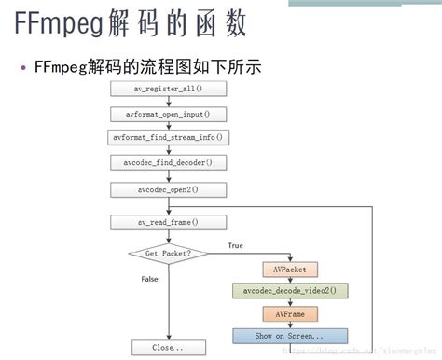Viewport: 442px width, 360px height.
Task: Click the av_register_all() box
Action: click(x=168, y=88)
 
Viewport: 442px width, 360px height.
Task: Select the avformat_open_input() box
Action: click(x=168, y=114)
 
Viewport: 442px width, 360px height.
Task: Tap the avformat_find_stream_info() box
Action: click(x=168, y=138)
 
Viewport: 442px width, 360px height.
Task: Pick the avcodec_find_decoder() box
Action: click(x=168, y=163)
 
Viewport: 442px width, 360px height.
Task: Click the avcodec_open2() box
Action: click(x=168, y=189)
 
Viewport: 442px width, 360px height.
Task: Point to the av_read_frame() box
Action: click(x=168, y=222)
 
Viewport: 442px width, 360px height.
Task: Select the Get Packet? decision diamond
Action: click(x=168, y=253)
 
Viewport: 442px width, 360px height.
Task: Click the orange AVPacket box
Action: click(x=290, y=270)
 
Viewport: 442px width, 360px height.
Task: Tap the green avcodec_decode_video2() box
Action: click(x=290, y=291)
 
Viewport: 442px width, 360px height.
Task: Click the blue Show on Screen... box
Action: click(x=290, y=335)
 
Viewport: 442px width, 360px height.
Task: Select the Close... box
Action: click(x=168, y=347)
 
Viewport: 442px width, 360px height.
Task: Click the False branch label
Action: click(x=149, y=279)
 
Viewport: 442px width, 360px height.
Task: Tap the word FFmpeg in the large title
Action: click(x=59, y=26)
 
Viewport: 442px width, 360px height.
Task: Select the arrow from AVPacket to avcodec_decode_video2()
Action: click(x=290, y=280)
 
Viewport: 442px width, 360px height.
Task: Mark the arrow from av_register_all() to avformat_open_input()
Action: click(x=168, y=101)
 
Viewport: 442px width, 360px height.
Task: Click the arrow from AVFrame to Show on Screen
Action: click(x=290, y=324)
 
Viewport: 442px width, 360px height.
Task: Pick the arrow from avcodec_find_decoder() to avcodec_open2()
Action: click(x=168, y=176)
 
